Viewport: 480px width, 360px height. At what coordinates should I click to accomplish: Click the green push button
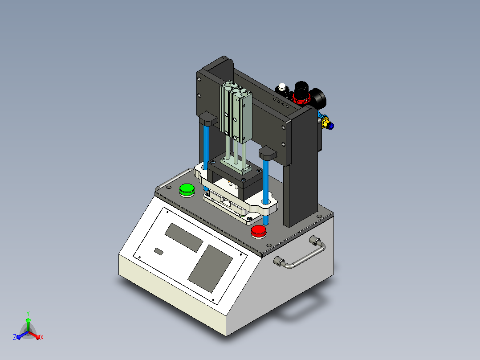tap(187, 189)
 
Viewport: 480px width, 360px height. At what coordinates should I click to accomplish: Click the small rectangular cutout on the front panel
tap(159, 252)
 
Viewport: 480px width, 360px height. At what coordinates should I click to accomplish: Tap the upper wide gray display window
tap(183, 237)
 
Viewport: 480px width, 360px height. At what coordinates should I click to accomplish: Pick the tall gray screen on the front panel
tap(210, 268)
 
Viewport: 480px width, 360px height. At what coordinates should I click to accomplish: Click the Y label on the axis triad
tap(28, 313)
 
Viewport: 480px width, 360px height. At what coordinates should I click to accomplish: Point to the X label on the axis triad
tap(42, 337)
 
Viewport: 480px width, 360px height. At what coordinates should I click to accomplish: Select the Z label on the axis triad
tap(15, 337)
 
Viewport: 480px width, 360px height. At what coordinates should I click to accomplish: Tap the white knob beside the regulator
tap(282, 87)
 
